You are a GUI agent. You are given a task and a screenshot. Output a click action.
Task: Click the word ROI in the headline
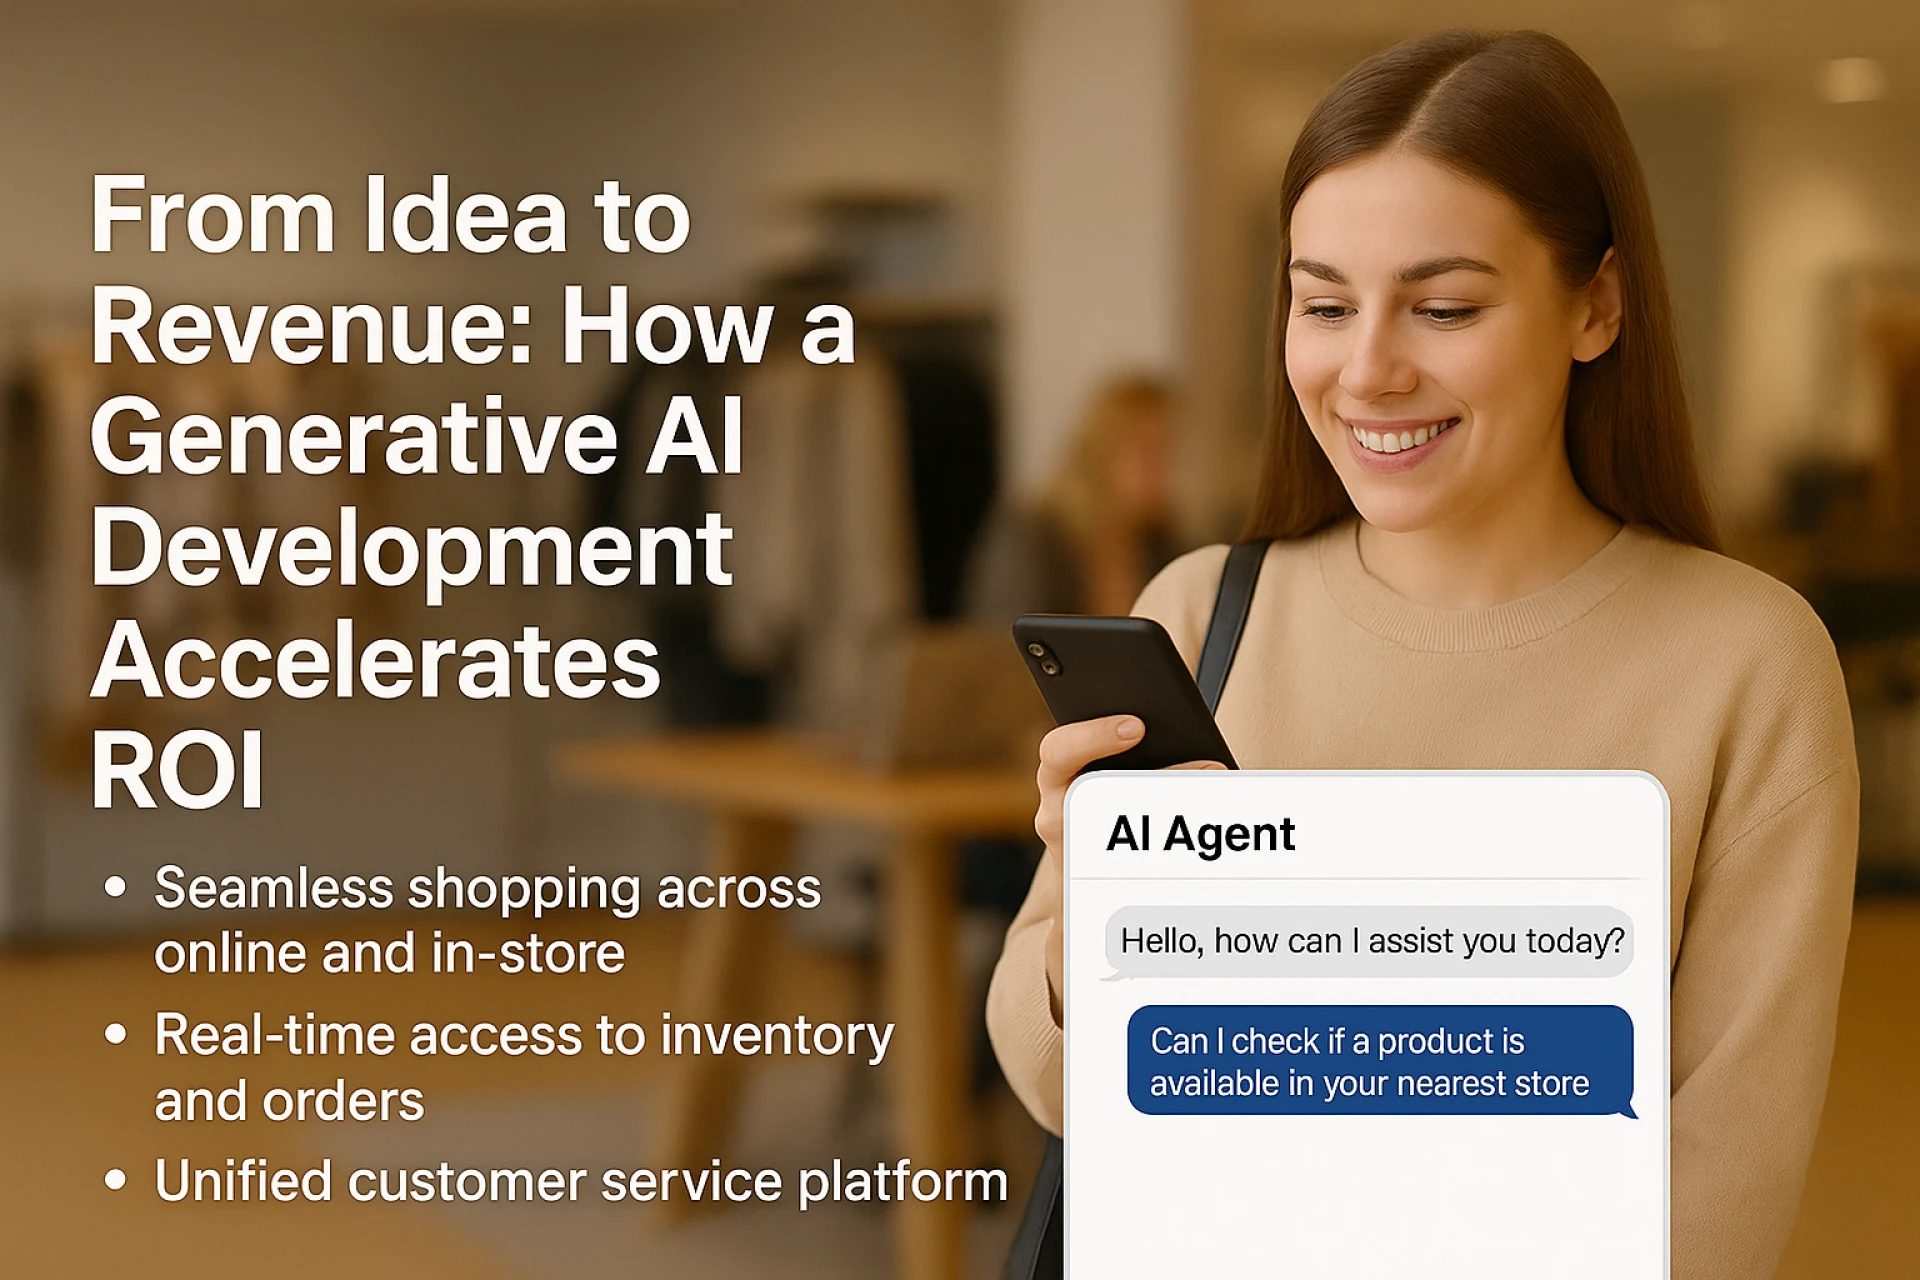pos(177,770)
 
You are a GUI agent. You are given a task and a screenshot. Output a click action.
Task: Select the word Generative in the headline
pos(355,437)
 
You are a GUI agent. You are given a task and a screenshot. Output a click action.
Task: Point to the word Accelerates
pos(376,660)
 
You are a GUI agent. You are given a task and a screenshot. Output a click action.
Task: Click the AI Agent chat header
pos(1200,834)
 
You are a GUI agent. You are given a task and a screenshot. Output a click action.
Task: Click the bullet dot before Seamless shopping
pos(116,887)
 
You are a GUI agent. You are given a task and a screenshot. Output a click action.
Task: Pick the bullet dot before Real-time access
pos(116,1034)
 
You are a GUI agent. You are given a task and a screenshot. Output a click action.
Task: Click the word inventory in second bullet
pos(777,1037)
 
